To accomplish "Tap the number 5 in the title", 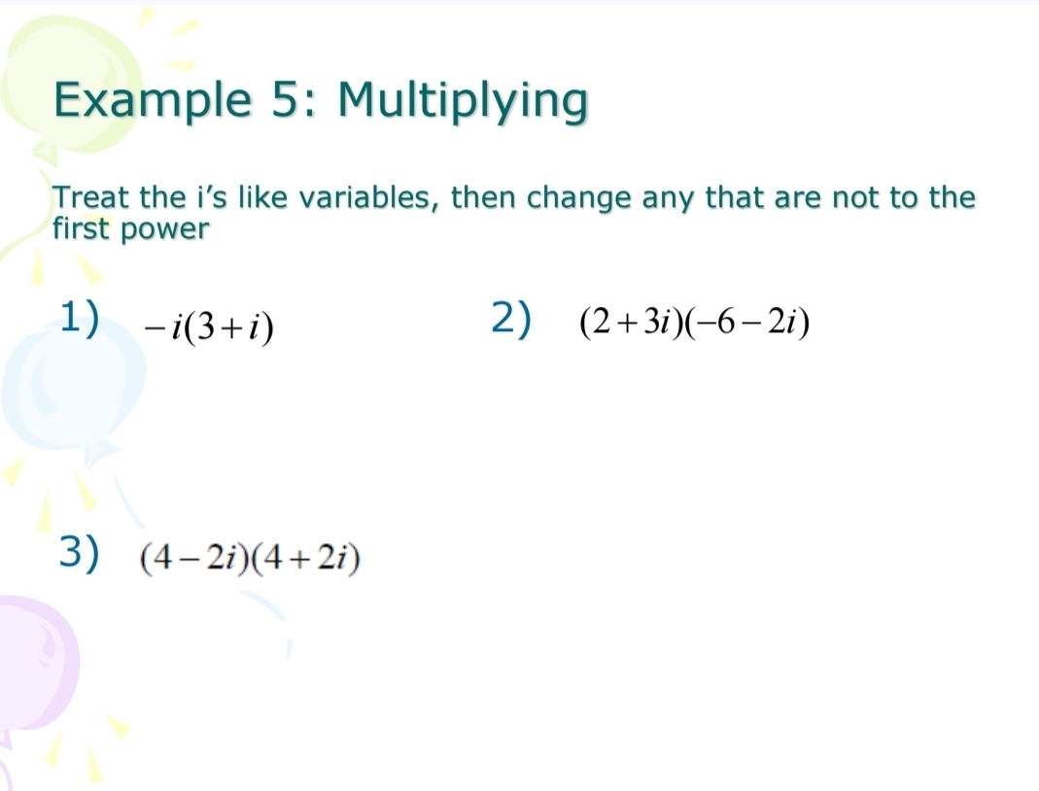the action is point(287,99).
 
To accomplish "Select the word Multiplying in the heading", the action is point(463,101).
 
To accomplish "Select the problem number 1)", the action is point(80,317).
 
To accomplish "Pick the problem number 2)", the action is point(511,318).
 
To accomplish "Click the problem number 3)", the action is point(79,552).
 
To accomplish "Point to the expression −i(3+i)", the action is point(209,326).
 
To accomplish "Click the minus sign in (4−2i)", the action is point(190,560).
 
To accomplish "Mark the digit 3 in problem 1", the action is point(206,326).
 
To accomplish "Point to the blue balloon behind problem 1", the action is point(72,384).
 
